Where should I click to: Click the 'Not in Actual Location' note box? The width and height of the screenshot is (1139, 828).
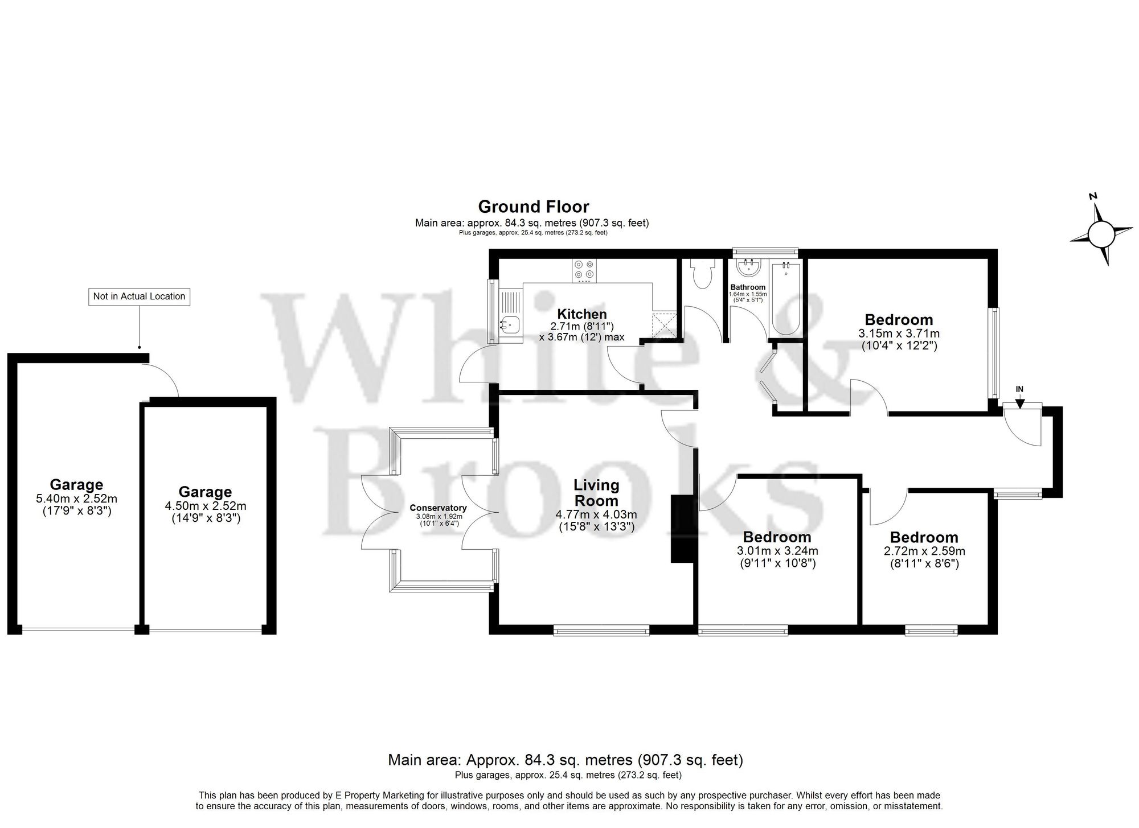tap(139, 296)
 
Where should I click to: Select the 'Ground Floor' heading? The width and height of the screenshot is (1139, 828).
tap(533, 206)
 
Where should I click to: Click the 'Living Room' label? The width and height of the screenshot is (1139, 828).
tap(596, 493)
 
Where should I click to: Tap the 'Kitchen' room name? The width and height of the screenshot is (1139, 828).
tap(581, 314)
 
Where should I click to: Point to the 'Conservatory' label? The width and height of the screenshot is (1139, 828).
tap(438, 508)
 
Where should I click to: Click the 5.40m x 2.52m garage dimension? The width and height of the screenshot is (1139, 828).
tap(76, 499)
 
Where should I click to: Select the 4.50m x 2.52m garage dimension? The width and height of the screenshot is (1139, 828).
tap(205, 505)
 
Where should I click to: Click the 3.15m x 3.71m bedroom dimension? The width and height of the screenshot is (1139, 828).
tap(899, 333)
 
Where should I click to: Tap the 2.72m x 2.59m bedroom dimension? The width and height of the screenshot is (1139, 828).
tap(924, 551)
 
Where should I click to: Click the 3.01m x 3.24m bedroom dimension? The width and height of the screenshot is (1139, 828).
tap(777, 551)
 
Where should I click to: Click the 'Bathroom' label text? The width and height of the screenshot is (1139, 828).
tap(748, 287)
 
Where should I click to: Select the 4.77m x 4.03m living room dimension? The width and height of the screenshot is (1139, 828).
tap(596, 514)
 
